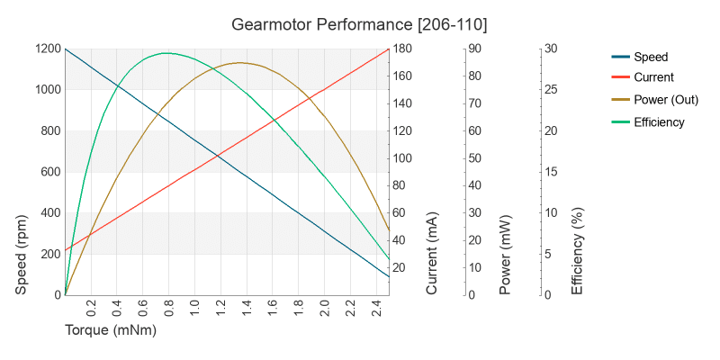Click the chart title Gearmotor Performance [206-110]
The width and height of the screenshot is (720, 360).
coord(360,23)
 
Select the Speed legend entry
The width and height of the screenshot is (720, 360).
coord(651,57)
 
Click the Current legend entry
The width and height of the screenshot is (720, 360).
coord(653,78)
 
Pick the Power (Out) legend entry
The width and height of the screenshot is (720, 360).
coord(666,100)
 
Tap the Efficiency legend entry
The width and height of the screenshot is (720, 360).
coord(659,121)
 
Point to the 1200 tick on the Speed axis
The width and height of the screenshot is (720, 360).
coord(46,49)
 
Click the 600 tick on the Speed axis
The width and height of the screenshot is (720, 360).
coord(49,172)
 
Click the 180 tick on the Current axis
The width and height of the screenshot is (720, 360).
coord(402,49)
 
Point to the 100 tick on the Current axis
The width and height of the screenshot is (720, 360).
coord(402,158)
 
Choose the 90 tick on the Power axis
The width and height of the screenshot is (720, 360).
coord(472,49)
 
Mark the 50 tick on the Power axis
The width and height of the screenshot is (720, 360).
coord(472,158)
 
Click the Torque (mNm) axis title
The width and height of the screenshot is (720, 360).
coord(111,330)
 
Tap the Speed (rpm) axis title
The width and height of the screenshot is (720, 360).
coord(23,255)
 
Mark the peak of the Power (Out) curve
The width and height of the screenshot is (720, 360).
coord(240,62)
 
